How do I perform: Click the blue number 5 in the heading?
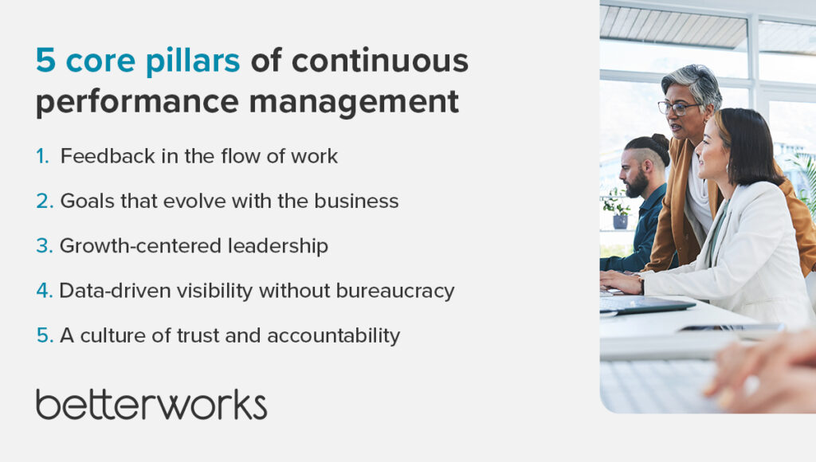(x=45, y=60)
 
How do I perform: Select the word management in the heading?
(x=354, y=102)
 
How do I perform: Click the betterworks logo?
(x=151, y=405)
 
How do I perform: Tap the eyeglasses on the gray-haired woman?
(x=677, y=108)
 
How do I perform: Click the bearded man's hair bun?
(x=660, y=141)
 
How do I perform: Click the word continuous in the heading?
(x=380, y=60)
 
